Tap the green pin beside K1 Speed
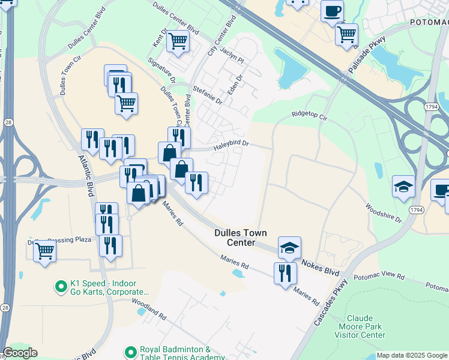pyautogui.click(x=60, y=287)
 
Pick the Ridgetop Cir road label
pyautogui.click(x=309, y=114)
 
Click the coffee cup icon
pyautogui.click(x=332, y=10)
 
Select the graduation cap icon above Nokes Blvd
pyautogui.click(x=289, y=247)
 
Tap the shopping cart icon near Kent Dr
pyautogui.click(x=178, y=41)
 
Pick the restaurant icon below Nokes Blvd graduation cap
pyautogui.click(x=285, y=273)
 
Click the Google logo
pyautogui.click(x=20, y=353)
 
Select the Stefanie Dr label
pyautogui.click(x=208, y=95)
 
